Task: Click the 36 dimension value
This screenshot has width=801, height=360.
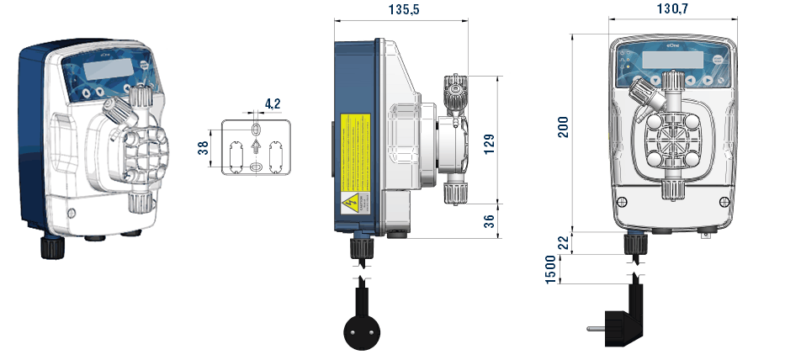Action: [491, 220]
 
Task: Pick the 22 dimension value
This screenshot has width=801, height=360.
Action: [563, 241]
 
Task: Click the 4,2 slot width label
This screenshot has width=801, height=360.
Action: [273, 103]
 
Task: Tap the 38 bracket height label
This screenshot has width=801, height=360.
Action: [202, 148]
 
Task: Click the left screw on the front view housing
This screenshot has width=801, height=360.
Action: [622, 201]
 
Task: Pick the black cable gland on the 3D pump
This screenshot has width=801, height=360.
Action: [52, 246]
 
